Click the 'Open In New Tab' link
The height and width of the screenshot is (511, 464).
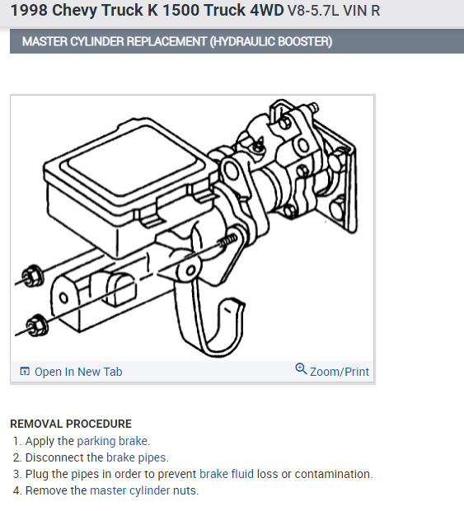coord(78,372)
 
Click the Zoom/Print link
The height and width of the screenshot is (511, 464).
coord(340,372)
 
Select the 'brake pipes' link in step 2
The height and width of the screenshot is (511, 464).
coord(136,457)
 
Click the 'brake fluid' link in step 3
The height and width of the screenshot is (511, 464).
coord(227,474)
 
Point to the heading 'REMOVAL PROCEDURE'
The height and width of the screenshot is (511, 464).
coord(71,424)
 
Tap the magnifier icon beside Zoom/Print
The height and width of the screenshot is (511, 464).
coord(301,370)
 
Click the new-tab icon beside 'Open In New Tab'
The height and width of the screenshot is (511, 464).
coord(25,372)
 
